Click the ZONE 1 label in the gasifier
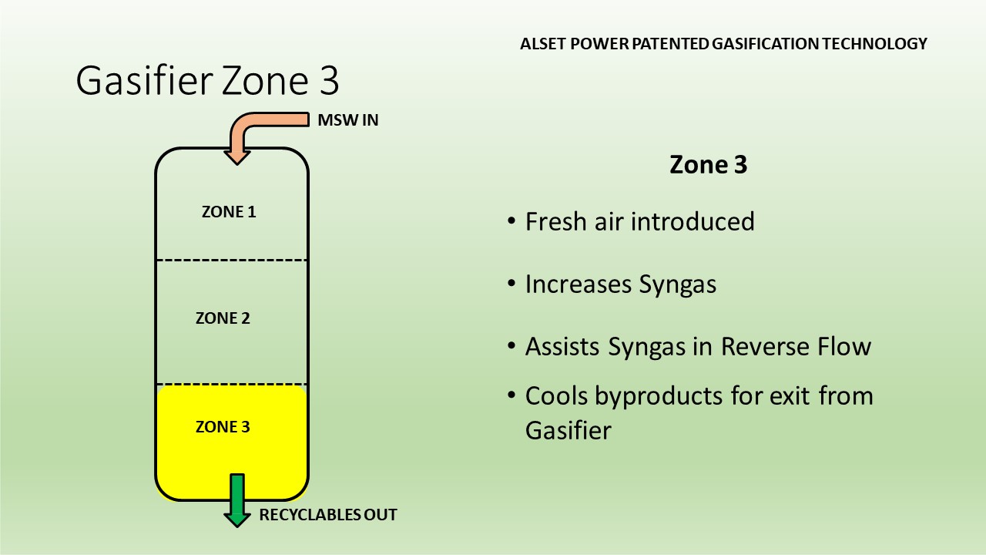[229, 212]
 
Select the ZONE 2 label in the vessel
[223, 318]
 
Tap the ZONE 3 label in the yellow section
[223, 427]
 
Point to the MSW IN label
[347, 119]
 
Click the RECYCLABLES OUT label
[328, 514]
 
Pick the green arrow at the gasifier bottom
[237, 500]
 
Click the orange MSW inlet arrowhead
[237, 157]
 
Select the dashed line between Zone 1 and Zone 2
[232, 261]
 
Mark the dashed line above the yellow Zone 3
[232, 385]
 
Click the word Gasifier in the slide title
[144, 80]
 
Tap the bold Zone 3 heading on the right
[708, 165]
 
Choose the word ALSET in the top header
[543, 44]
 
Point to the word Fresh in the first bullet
[556, 221]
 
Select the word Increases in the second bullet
[579, 284]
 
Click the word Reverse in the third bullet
[766, 347]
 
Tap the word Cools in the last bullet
[556, 395]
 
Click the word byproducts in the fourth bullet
[659, 397]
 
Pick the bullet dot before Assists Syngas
[511, 346]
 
